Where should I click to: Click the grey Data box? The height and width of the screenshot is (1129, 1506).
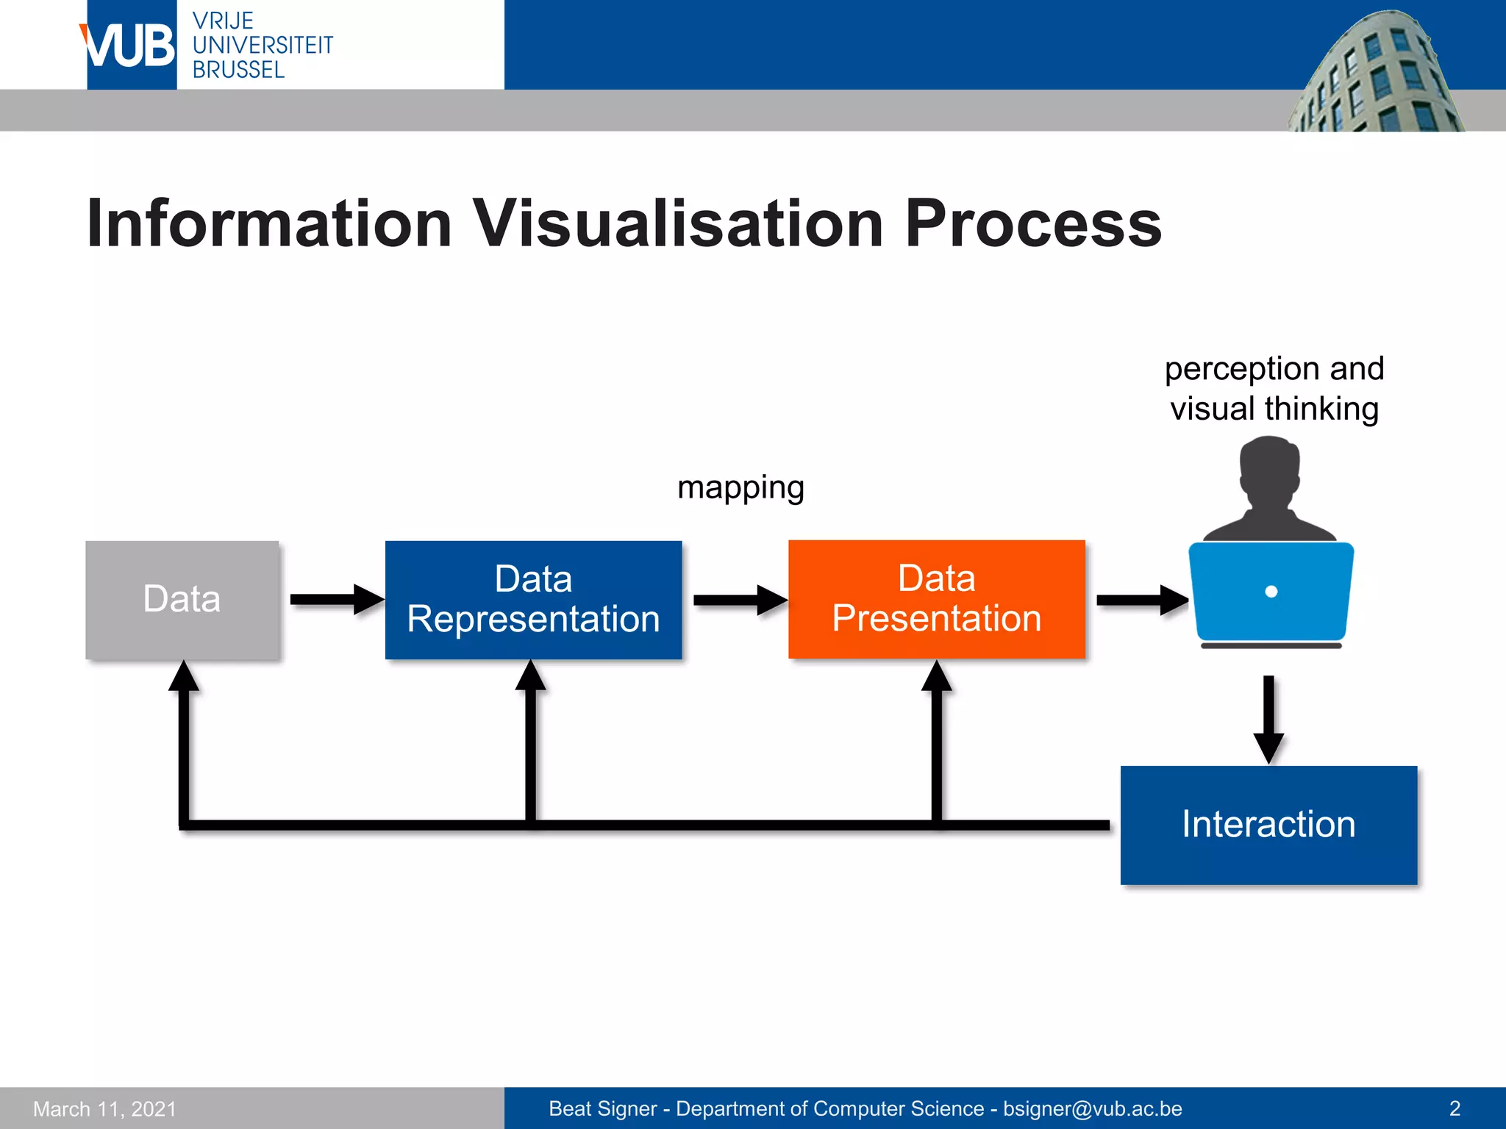pyautogui.click(x=182, y=599)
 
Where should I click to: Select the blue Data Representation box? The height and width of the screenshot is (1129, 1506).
pyautogui.click(x=533, y=599)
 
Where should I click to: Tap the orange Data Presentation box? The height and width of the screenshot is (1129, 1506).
pyautogui.click(x=936, y=599)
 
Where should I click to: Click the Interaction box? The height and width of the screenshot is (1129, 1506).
pyautogui.click(x=1268, y=825)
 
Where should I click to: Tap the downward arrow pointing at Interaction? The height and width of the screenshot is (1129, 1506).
pyautogui.click(x=1268, y=720)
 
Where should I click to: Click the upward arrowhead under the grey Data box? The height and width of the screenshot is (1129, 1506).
pyautogui.click(x=184, y=676)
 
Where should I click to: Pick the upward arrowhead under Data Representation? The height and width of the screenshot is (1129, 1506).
pyautogui.click(x=530, y=676)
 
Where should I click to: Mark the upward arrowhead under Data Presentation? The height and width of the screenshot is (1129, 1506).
pyautogui.click(x=937, y=676)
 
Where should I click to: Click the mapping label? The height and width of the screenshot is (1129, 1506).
pyautogui.click(x=740, y=487)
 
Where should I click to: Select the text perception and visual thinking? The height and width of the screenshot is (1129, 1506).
pyautogui.click(x=1274, y=388)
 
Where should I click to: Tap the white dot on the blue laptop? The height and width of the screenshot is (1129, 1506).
pyautogui.click(x=1271, y=592)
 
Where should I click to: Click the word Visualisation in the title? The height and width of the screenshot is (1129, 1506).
pyautogui.click(x=677, y=223)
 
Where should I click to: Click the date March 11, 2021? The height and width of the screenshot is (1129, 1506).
pyautogui.click(x=105, y=1108)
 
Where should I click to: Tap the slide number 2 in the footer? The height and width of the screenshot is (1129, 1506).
pyautogui.click(x=1454, y=1108)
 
